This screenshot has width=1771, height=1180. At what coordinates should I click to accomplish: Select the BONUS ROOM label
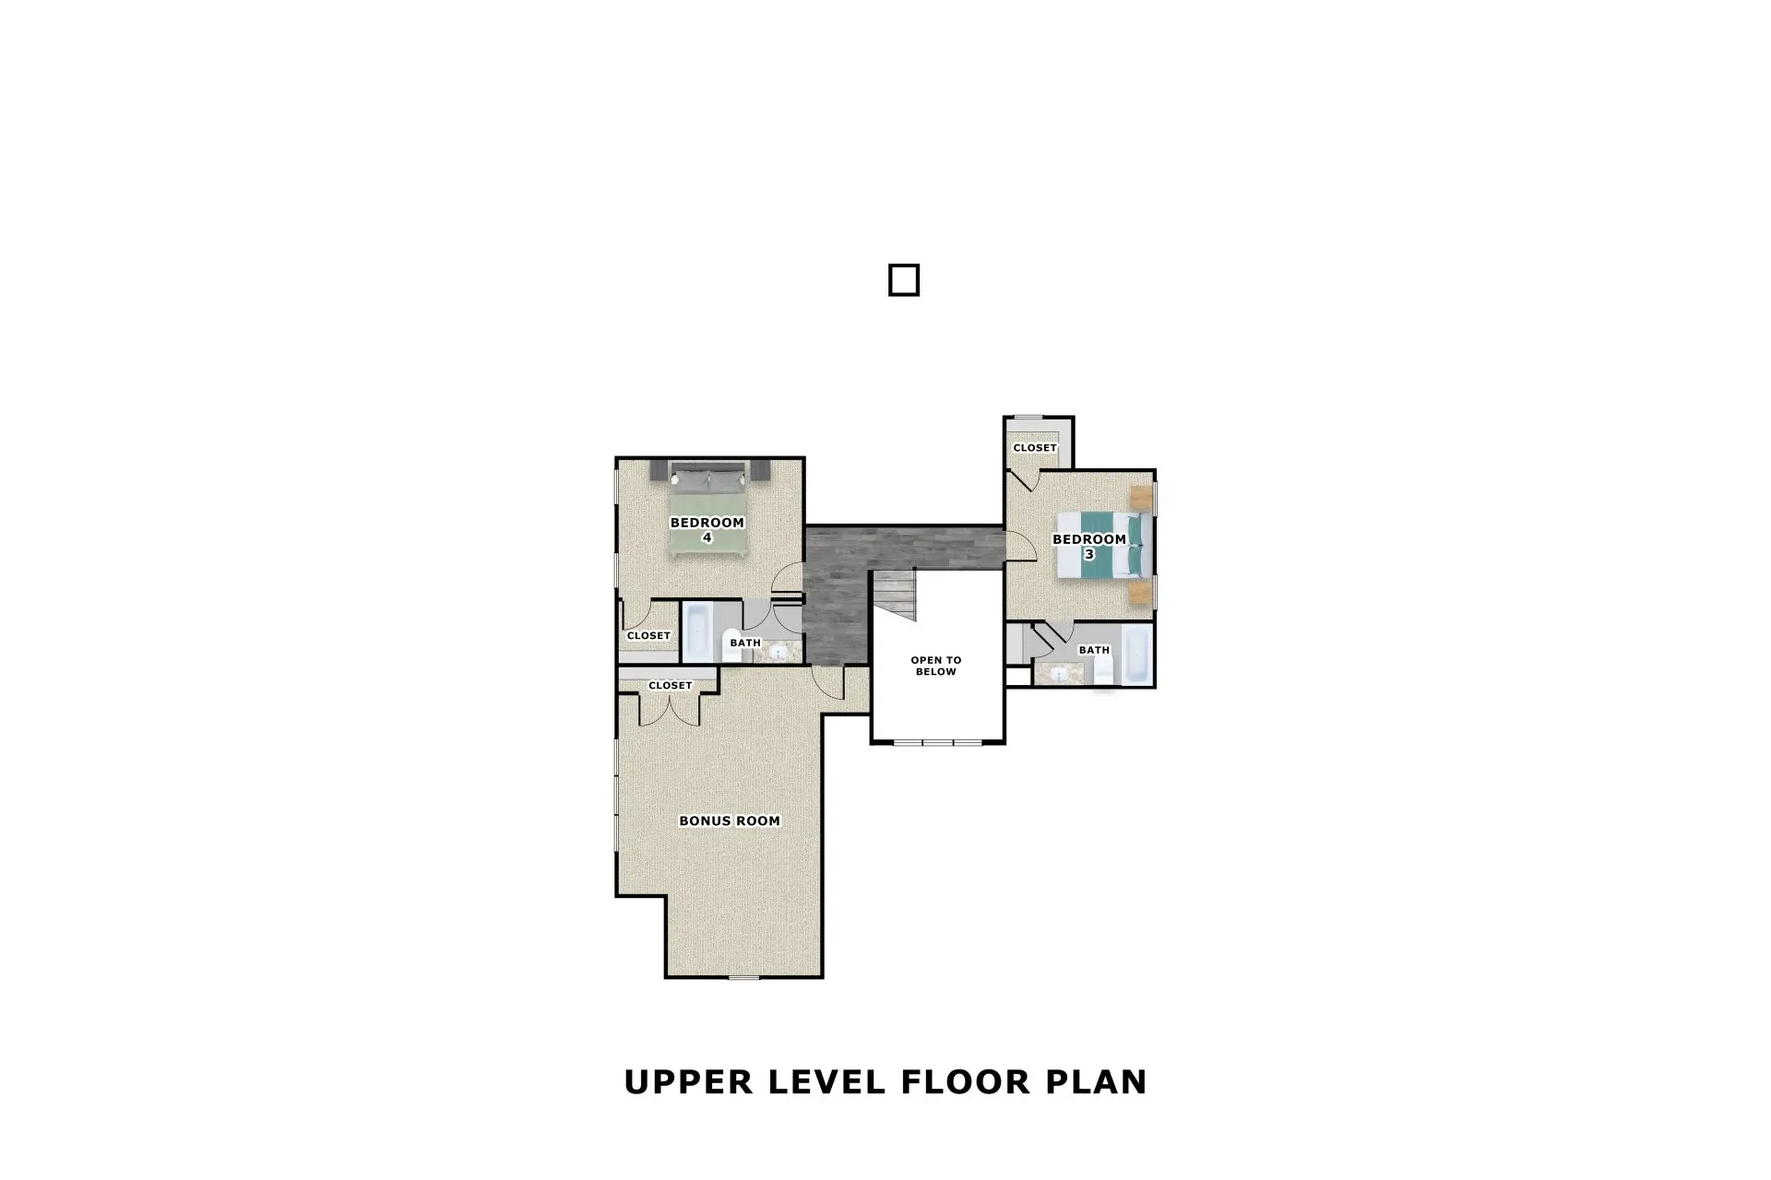729,820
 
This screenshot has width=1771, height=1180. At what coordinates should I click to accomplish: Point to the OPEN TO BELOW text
935,666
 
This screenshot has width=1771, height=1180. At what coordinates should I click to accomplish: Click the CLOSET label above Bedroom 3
1034,448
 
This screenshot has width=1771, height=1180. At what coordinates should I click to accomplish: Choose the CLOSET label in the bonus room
670,686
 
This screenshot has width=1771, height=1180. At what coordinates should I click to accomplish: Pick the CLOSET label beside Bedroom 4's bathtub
648,636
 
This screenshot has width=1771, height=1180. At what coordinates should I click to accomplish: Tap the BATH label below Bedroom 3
1094,650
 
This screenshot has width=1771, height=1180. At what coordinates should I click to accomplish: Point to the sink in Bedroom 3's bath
1060,675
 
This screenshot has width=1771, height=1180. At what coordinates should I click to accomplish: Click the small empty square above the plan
903,280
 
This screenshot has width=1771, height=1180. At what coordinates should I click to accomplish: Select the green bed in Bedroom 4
707,516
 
